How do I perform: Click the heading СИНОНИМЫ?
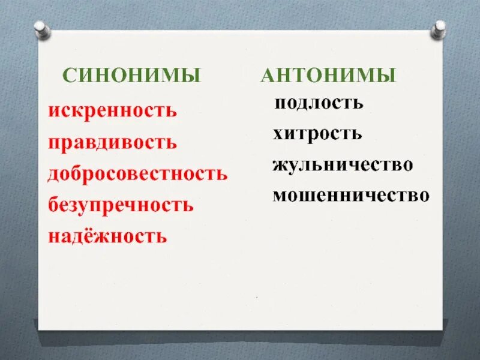click(132, 76)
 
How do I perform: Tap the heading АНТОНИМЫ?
click(328, 76)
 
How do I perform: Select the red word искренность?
click(112, 111)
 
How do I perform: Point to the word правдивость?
click(112, 143)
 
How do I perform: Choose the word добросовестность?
click(137, 174)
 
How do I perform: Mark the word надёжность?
click(107, 236)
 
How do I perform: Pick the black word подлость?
click(319, 103)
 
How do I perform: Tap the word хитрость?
click(317, 133)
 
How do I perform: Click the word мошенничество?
click(351, 195)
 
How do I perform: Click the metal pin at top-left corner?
click(40, 28)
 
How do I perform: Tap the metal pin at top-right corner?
click(440, 28)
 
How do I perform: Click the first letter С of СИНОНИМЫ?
click(69, 76)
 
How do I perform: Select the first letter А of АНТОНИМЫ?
click(267, 76)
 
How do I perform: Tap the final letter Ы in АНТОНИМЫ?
click(388, 76)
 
